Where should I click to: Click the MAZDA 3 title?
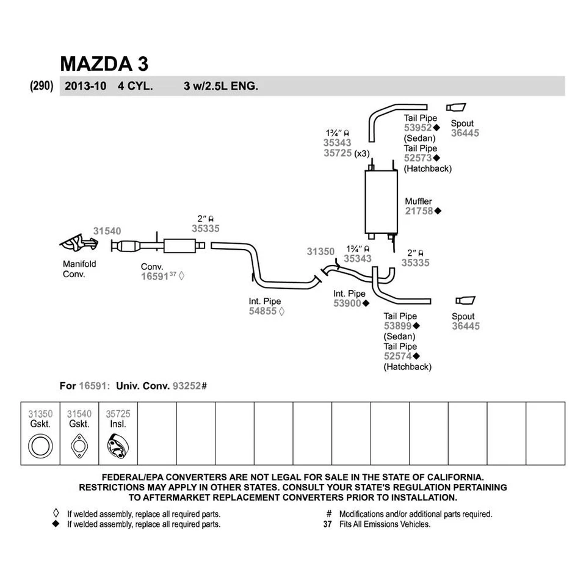(x=104, y=64)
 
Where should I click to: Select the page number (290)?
(x=42, y=86)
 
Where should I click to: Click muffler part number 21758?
(x=419, y=211)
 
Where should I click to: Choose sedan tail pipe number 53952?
(x=418, y=128)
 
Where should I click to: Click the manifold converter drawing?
(x=78, y=244)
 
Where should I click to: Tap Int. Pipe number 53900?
(x=347, y=303)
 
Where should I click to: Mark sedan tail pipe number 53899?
(x=398, y=327)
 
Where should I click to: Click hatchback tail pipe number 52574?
(x=398, y=356)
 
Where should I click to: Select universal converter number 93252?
(x=187, y=386)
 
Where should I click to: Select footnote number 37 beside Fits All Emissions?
(x=327, y=524)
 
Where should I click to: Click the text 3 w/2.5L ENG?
(x=220, y=86)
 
